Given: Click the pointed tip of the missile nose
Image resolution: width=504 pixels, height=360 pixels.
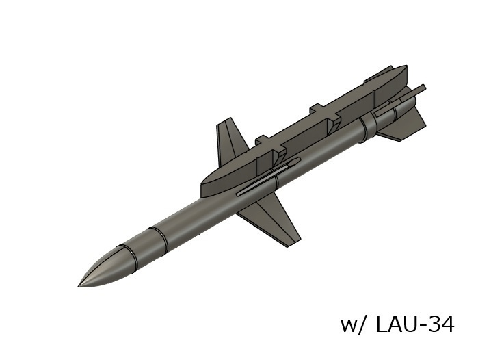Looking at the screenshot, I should coord(79,284).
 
